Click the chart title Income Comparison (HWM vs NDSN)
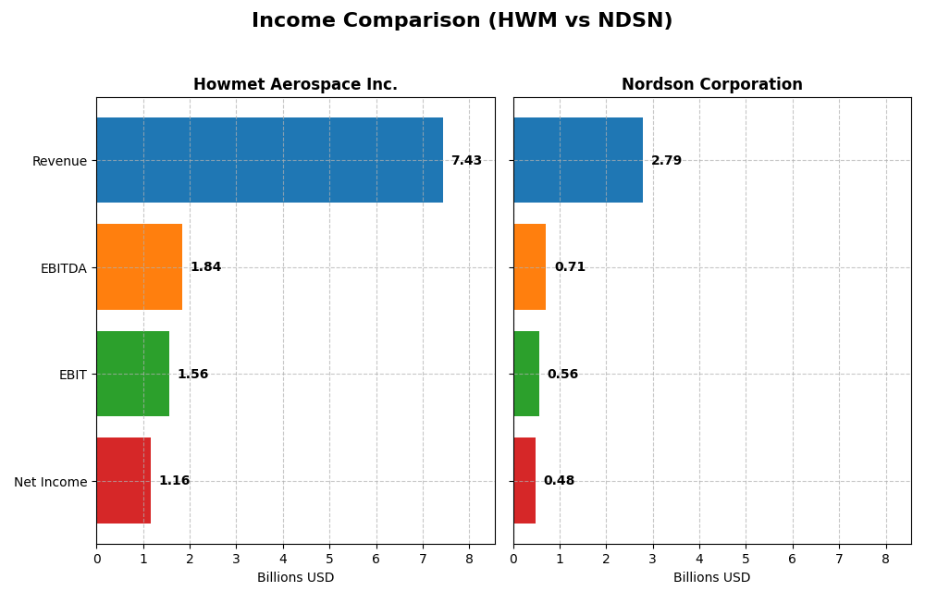(x=462, y=20)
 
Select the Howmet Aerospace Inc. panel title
(x=295, y=84)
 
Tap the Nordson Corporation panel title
(x=711, y=84)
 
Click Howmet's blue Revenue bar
(x=269, y=160)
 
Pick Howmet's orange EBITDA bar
(x=139, y=266)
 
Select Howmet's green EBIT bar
(x=132, y=374)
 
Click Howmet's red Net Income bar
(x=123, y=480)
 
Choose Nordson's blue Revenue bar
(x=578, y=160)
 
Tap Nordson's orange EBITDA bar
(x=529, y=266)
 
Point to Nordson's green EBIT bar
(x=526, y=374)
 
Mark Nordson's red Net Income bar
(x=524, y=480)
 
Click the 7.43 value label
(x=466, y=161)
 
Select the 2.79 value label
(x=666, y=161)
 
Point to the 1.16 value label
(x=174, y=481)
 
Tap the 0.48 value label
(x=559, y=481)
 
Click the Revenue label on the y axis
(x=59, y=161)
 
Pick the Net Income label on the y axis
(x=51, y=481)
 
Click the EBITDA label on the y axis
(x=63, y=267)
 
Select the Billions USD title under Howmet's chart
(x=295, y=577)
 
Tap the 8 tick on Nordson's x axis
(x=885, y=559)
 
